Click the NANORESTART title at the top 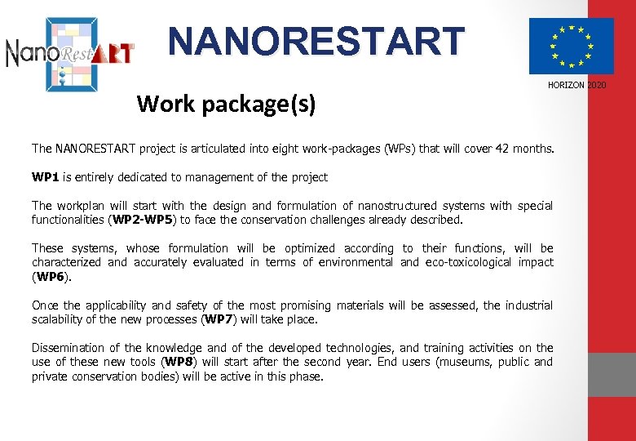316,41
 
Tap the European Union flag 571,46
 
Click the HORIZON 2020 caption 576,85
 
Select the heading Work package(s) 226,104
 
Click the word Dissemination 69,348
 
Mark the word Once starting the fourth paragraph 45,305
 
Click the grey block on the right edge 612,374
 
